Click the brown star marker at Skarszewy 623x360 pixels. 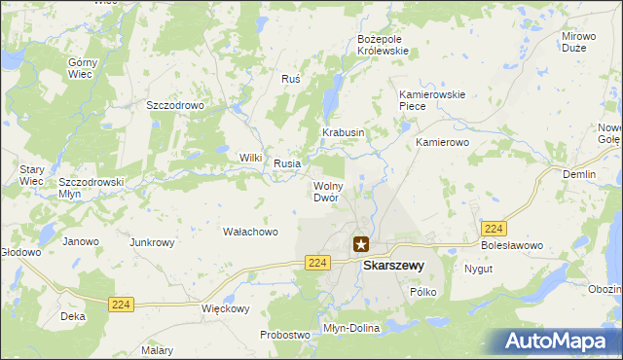(x=361, y=245)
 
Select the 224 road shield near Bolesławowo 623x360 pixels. (x=494, y=229)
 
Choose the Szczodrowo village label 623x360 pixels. (x=173, y=105)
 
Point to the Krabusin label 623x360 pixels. (x=344, y=132)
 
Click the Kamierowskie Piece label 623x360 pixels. (x=433, y=100)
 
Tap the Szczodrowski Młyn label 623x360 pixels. (x=91, y=187)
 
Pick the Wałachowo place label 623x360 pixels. (x=251, y=233)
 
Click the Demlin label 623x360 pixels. (x=579, y=174)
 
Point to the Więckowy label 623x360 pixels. (x=226, y=309)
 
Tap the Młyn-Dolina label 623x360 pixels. (x=351, y=329)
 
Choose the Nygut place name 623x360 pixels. (x=478, y=269)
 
